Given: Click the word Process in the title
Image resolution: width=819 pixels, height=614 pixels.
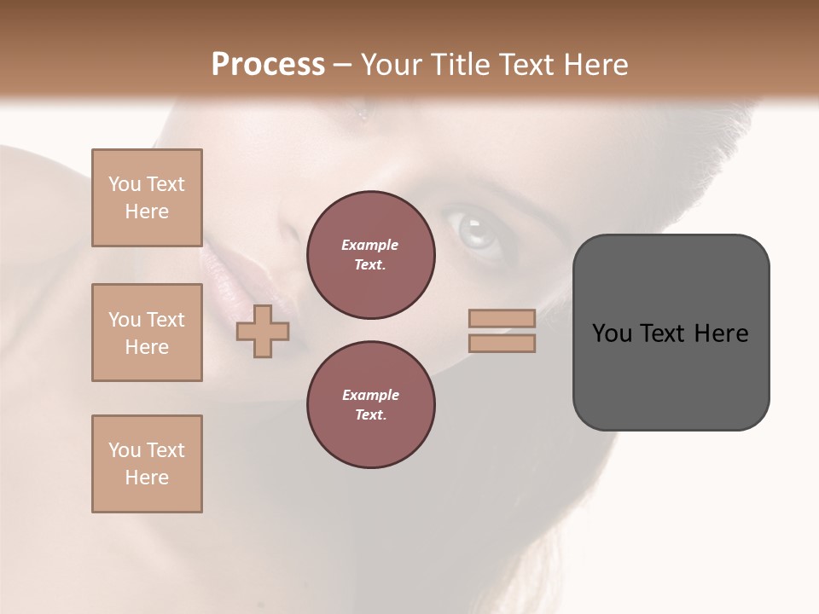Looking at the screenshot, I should pyautogui.click(x=268, y=65).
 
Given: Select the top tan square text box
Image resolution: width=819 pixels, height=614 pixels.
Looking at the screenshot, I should pyautogui.click(x=147, y=198).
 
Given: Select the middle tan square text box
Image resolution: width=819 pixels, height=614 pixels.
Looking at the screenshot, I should pyautogui.click(x=147, y=333).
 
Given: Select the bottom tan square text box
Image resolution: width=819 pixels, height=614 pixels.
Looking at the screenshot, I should pyautogui.click(x=147, y=464).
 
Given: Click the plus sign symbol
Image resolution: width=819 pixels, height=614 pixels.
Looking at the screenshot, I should pyautogui.click(x=262, y=332).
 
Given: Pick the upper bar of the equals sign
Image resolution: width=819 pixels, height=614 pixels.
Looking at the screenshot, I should pyautogui.click(x=502, y=318).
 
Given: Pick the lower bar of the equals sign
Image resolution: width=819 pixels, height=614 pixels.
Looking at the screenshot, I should pyautogui.click(x=502, y=343).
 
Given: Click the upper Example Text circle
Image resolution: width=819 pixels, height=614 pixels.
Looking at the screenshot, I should pyautogui.click(x=370, y=254).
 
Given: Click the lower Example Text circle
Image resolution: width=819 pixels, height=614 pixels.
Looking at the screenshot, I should pyautogui.click(x=370, y=404).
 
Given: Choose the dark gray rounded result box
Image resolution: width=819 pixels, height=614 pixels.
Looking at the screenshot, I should pyautogui.click(x=671, y=375).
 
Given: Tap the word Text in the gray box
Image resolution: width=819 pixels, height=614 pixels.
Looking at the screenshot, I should pyautogui.click(x=663, y=333).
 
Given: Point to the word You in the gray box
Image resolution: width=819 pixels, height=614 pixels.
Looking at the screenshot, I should pyautogui.click(x=611, y=333).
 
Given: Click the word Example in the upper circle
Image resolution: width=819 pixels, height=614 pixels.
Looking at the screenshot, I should pyautogui.click(x=370, y=245).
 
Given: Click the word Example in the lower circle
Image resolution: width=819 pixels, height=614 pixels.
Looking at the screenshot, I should pyautogui.click(x=370, y=395).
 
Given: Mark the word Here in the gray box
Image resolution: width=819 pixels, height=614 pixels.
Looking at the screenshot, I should pyautogui.click(x=721, y=333).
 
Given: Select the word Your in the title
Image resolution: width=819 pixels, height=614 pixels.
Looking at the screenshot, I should pyautogui.click(x=393, y=65).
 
